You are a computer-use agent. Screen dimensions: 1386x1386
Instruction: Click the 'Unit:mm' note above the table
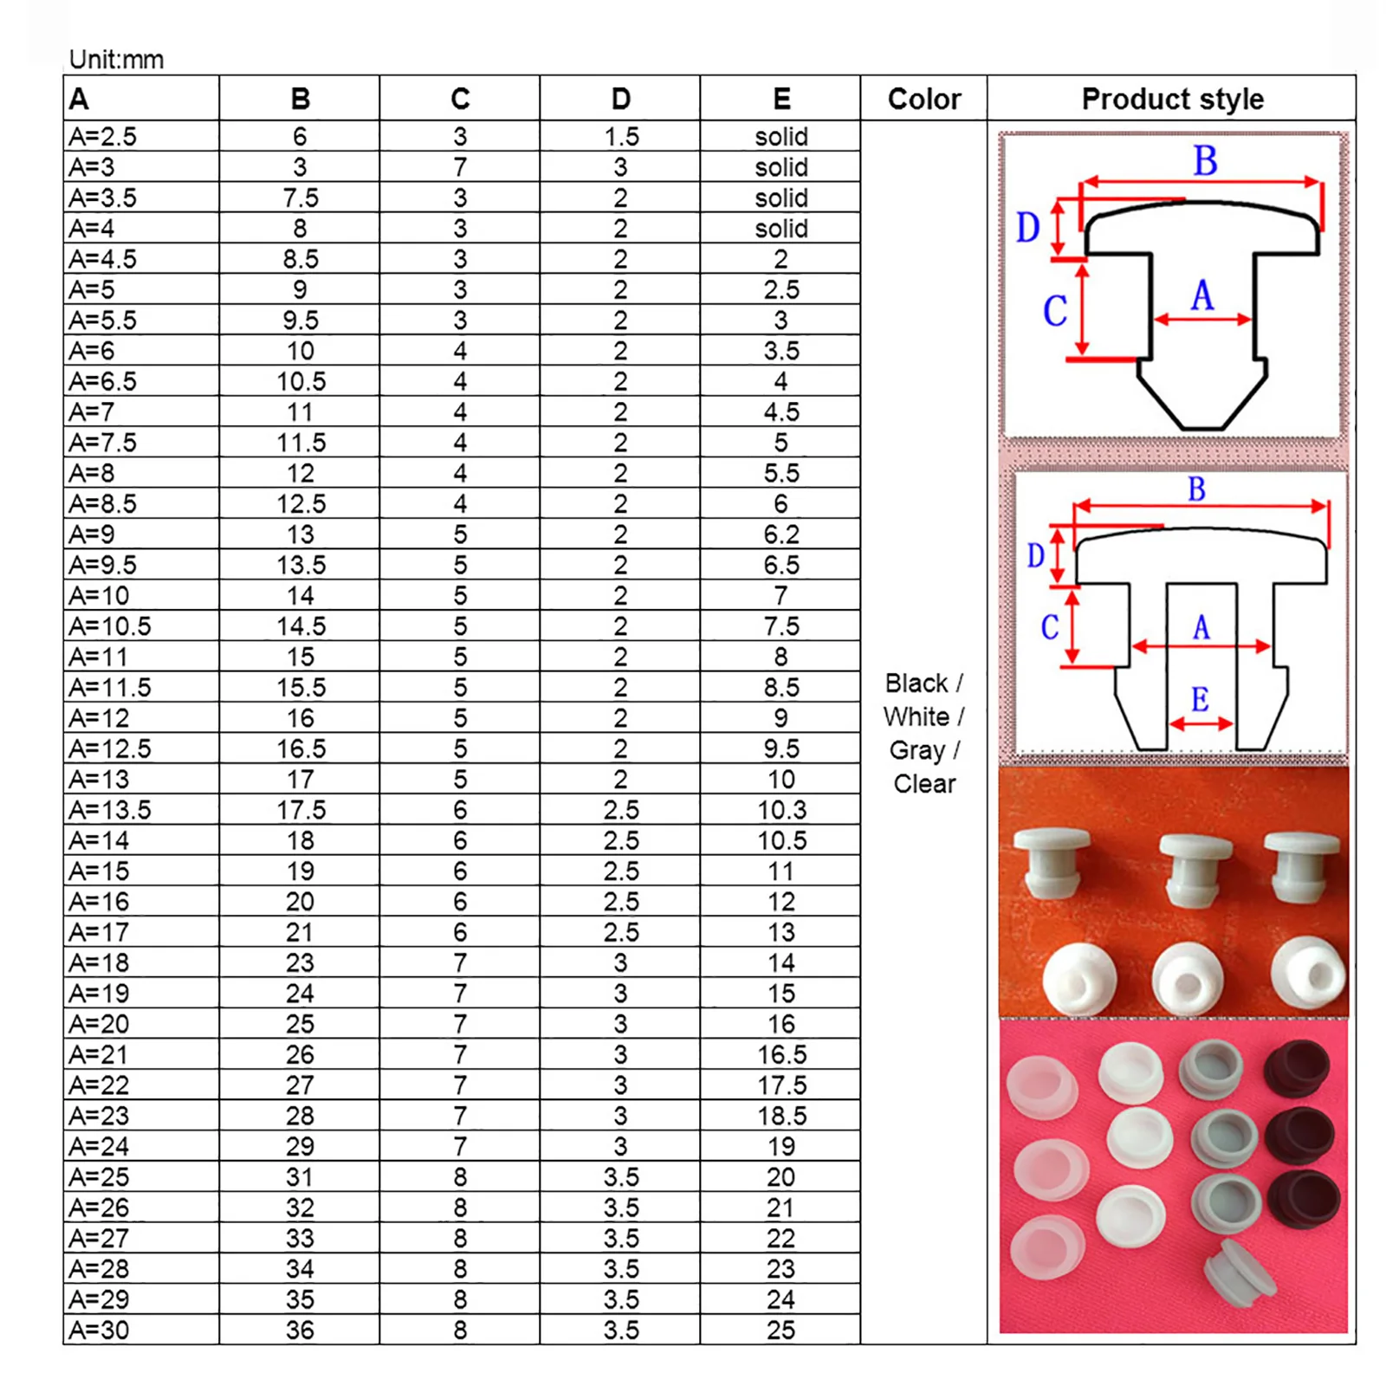point(116,60)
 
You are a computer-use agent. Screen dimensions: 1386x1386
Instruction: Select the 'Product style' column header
point(1172,99)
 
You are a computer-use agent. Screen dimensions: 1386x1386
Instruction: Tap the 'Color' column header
point(924,99)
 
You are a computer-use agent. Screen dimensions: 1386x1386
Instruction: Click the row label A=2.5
point(103,137)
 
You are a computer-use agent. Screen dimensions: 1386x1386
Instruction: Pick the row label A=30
point(100,1330)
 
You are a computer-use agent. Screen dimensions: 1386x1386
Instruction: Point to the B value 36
point(300,1330)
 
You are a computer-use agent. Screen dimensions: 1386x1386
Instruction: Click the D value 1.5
point(621,137)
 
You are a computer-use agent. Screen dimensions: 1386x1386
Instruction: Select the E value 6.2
point(781,534)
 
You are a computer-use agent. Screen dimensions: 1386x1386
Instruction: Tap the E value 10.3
point(781,810)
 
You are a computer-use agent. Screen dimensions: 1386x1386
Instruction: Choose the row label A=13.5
point(110,810)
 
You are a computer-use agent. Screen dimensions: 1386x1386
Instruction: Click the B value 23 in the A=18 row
point(300,963)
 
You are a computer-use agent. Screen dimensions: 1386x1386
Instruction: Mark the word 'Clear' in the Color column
point(924,784)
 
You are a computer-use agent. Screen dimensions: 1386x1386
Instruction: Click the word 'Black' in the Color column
point(916,683)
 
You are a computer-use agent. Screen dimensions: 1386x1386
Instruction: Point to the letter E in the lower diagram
point(1200,699)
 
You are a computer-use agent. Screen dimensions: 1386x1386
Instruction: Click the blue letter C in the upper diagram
point(1054,311)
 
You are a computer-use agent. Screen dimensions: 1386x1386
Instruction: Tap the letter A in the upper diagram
point(1201,296)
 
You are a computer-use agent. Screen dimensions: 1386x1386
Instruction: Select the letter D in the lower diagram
point(1035,555)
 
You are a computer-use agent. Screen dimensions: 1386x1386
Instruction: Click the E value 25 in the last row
point(781,1330)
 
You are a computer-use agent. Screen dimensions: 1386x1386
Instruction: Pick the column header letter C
point(460,99)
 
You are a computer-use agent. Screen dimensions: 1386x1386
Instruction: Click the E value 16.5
point(781,1054)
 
